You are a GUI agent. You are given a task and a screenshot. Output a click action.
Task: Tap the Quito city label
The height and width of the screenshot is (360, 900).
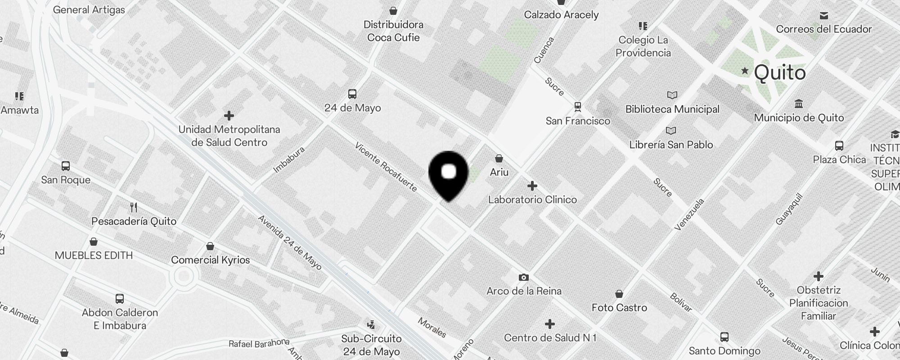tap(779, 72)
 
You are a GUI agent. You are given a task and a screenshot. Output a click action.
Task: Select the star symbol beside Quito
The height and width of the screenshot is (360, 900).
tap(745, 71)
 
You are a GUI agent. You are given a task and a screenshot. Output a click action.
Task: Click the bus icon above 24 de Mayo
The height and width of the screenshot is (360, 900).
tap(352, 94)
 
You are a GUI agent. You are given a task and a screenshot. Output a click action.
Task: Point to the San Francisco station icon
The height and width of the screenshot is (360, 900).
tap(578, 107)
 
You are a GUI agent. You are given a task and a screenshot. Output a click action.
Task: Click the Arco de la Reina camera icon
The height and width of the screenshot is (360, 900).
tap(523, 277)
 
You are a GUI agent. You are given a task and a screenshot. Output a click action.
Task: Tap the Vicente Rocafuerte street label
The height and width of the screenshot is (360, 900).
tap(386, 166)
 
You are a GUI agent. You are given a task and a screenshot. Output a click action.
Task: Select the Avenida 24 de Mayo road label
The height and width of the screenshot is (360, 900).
tap(289, 242)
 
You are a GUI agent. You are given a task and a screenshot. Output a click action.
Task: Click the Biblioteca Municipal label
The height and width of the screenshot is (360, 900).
tap(672, 109)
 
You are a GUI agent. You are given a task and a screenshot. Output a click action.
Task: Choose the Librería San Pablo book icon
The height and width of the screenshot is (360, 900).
tap(671, 131)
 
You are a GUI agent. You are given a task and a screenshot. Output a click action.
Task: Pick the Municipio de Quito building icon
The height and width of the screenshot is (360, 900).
tap(799, 104)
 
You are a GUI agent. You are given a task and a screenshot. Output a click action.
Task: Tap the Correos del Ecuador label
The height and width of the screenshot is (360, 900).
tap(823, 29)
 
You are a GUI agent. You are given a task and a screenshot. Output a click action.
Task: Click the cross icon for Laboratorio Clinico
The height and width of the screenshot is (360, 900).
tap(532, 186)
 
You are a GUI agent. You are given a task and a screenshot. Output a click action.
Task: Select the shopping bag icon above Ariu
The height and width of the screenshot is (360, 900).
tap(499, 158)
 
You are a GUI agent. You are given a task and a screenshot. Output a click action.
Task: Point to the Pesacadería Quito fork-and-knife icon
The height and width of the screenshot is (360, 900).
tap(134, 207)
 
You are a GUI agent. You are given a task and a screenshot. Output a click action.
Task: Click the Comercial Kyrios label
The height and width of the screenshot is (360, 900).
tap(210, 260)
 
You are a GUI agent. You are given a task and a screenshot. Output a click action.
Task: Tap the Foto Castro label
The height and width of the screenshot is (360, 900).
tap(619, 308)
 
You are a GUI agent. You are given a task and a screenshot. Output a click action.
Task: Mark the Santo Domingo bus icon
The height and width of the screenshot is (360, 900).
tap(724, 337)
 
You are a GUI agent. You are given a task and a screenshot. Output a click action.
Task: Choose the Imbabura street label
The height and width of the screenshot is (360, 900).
tap(289, 160)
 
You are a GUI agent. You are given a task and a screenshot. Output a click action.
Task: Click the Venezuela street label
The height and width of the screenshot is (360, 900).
tap(689, 215)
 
